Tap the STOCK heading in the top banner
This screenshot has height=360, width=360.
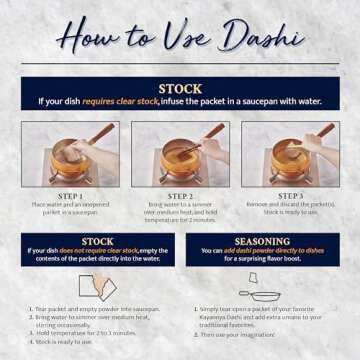pyautogui.click(x=179, y=89)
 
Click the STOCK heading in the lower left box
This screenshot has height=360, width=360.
pyautogui.click(x=97, y=241)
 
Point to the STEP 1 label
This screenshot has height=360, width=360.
pyautogui.click(x=70, y=196)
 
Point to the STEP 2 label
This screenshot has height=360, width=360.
pyautogui.click(x=180, y=196)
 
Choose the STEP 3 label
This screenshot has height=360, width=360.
pyautogui.click(x=290, y=196)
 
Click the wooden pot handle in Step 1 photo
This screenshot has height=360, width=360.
pyautogui.click(x=98, y=133)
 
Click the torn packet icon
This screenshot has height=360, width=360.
pyautogui.click(x=97, y=287)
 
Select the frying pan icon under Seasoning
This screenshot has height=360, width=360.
pyautogui.click(x=264, y=296)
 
